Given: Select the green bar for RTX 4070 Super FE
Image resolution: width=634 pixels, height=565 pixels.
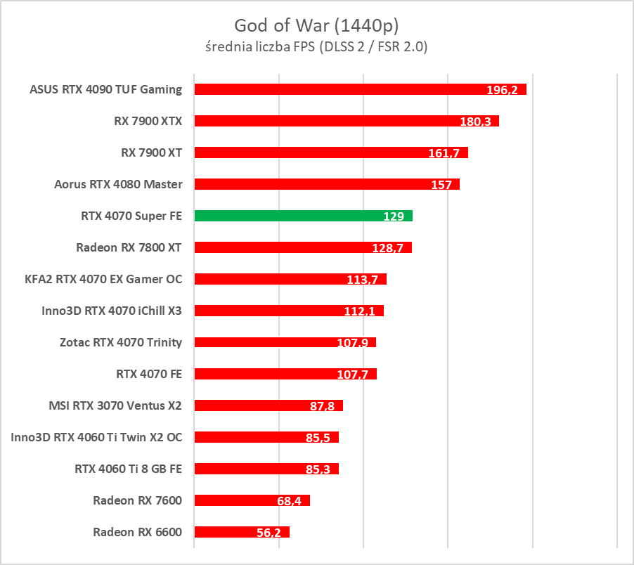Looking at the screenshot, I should [303, 216].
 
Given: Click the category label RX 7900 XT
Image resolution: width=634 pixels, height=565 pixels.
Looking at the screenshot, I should [152, 152].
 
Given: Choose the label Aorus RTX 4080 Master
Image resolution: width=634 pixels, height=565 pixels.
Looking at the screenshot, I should [118, 184].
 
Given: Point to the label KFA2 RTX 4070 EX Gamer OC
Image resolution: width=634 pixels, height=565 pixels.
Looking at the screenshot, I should [103, 279].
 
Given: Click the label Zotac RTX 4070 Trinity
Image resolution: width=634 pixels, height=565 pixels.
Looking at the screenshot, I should [121, 342].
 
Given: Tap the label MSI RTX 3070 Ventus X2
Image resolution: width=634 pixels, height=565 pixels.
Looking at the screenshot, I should [115, 405].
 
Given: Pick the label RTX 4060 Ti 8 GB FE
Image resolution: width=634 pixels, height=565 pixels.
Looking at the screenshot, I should [128, 469].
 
